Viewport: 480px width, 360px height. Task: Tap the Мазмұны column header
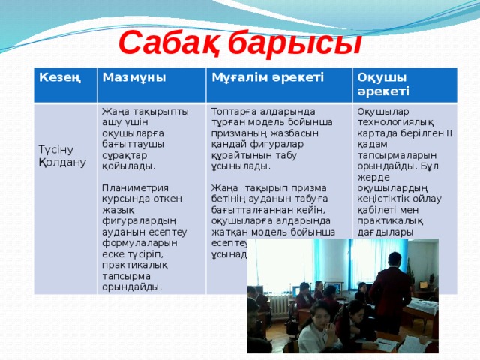tap(134, 78)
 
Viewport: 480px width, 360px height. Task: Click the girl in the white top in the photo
tap(319, 331)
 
